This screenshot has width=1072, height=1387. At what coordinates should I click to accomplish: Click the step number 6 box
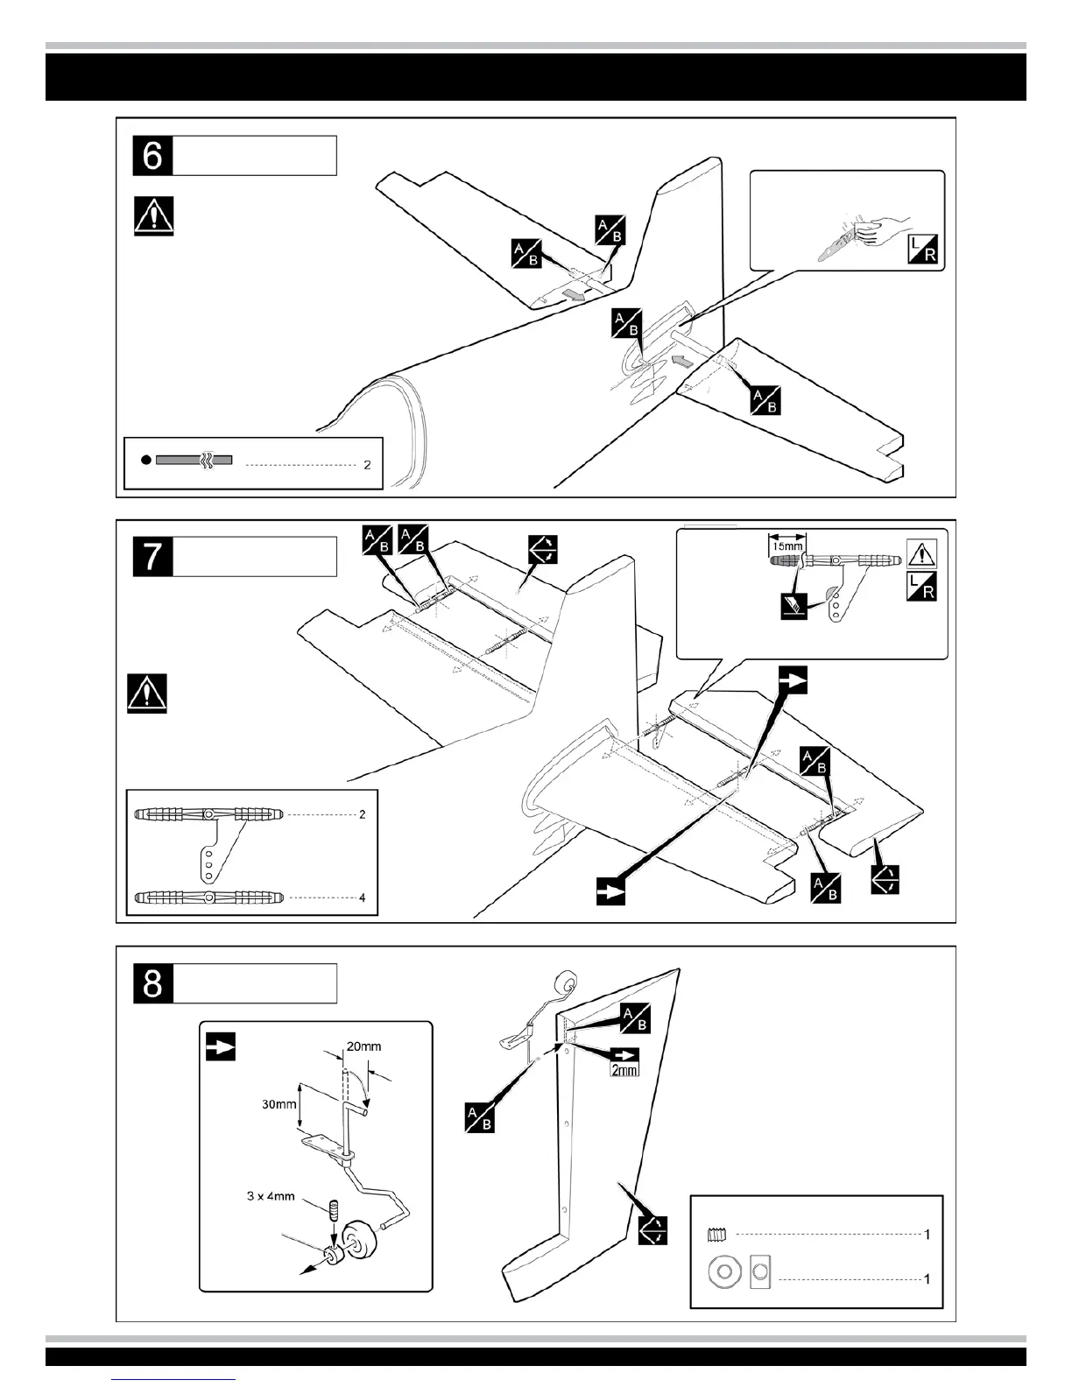(x=153, y=156)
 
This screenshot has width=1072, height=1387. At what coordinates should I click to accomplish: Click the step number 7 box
(x=153, y=557)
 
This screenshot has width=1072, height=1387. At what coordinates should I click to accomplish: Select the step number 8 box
(x=153, y=982)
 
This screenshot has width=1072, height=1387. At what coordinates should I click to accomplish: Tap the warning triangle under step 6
(x=154, y=215)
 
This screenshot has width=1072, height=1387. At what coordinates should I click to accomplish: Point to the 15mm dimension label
(x=786, y=545)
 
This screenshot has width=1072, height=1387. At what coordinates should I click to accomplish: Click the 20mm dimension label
(x=363, y=1046)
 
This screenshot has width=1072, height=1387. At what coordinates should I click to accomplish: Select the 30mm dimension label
(x=279, y=1103)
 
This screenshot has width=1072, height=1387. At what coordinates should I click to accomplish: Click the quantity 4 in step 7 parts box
(x=362, y=898)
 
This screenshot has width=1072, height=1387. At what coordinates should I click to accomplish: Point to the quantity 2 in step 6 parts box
(x=367, y=464)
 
